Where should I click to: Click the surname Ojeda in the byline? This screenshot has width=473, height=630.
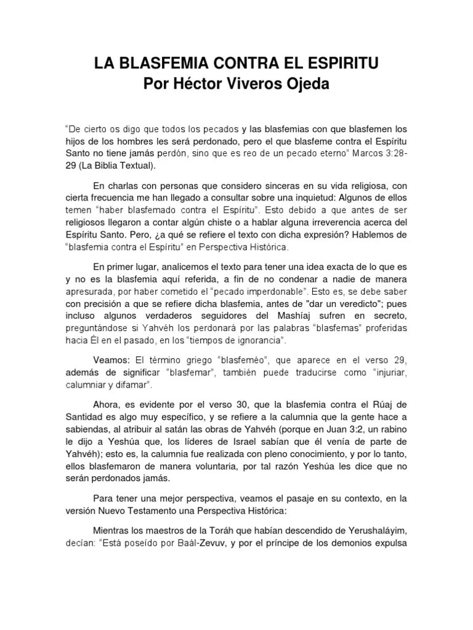pyautogui.click(x=308, y=84)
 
